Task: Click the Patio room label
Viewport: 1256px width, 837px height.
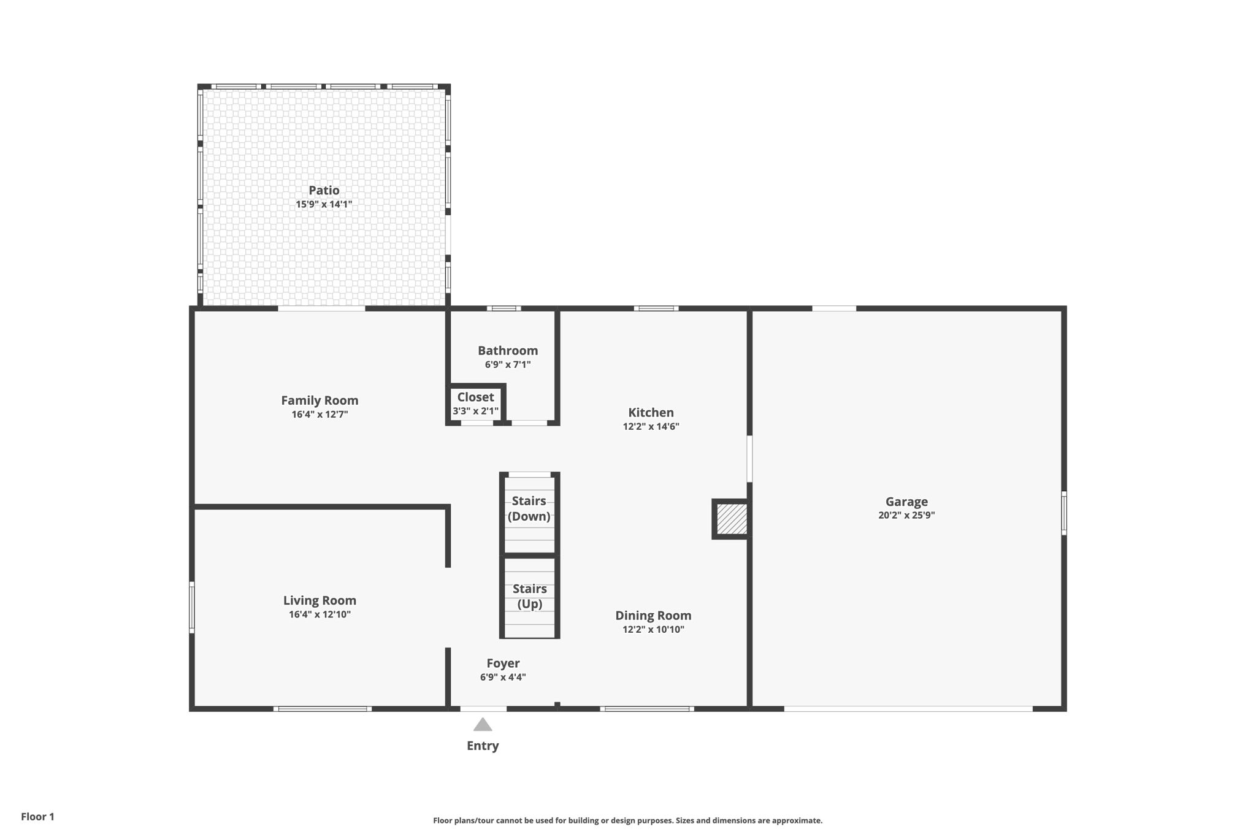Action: [x=324, y=190]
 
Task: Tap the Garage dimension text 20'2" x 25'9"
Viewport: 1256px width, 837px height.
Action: [x=906, y=515]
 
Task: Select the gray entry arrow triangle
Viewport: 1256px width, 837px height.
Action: [x=483, y=724]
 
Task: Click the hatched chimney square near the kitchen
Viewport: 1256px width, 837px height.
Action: [x=732, y=519]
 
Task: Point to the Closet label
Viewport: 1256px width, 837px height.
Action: [x=475, y=397]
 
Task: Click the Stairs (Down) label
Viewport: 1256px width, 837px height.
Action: [x=529, y=508]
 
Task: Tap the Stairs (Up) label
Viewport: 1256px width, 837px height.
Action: [x=530, y=596]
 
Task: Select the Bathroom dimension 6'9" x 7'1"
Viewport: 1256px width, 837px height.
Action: [x=508, y=364]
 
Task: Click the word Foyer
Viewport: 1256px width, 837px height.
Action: [x=503, y=663]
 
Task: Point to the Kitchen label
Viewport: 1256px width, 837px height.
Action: [x=651, y=412]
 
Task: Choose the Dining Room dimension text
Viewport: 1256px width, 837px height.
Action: [x=653, y=629]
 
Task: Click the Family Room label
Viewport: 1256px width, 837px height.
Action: [x=320, y=400]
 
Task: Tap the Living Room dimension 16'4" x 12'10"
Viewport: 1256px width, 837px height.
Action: [x=320, y=614]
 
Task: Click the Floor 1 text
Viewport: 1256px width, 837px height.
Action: [x=37, y=817]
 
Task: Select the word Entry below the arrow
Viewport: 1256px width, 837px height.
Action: [x=483, y=746]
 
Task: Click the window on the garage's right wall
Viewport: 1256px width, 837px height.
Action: [x=1064, y=513]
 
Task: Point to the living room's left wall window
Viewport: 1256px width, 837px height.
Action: [x=192, y=607]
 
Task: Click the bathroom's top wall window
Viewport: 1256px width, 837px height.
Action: [x=504, y=308]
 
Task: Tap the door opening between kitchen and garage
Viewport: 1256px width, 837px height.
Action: [x=749, y=459]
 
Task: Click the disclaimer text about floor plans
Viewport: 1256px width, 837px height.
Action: [x=628, y=820]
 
